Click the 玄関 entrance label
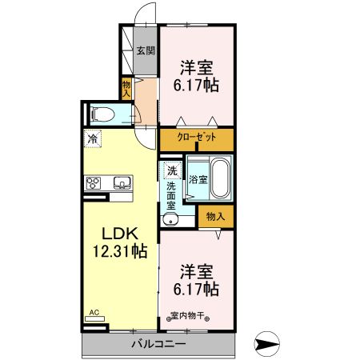(x=146, y=50)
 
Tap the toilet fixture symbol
(x=102, y=114)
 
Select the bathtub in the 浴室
(x=220, y=178)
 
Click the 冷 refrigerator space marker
(x=93, y=138)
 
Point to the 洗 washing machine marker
(x=172, y=170)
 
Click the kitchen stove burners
(x=94, y=183)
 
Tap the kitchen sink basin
(x=122, y=183)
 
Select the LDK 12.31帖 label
(x=120, y=242)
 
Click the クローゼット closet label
(x=197, y=138)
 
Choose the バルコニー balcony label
(x=158, y=344)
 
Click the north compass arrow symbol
(x=266, y=344)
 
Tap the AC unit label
(x=94, y=312)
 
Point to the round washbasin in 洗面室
(x=170, y=220)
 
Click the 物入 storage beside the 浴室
(x=216, y=216)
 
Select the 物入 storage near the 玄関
(x=126, y=89)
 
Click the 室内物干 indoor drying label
(x=188, y=316)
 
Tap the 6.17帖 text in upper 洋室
(x=196, y=86)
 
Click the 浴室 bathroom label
(x=198, y=179)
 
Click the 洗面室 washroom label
(x=171, y=196)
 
